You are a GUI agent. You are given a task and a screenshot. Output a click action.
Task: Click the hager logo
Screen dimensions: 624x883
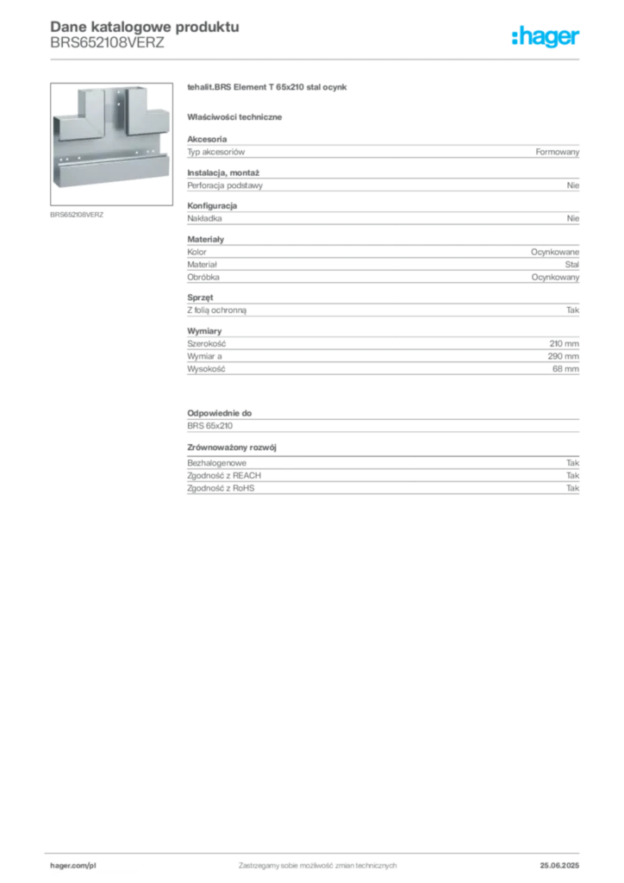coord(545,37)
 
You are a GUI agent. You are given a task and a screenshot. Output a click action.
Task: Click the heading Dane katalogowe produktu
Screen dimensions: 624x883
coord(145,27)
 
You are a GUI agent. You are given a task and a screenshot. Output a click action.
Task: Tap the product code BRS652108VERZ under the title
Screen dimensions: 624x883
coord(107,43)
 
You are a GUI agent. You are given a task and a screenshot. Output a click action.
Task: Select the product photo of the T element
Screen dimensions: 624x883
coord(111,144)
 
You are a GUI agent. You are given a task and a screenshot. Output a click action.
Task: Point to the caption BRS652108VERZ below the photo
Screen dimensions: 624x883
coord(77,215)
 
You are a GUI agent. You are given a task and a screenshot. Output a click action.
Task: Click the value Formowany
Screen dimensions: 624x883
coord(557,152)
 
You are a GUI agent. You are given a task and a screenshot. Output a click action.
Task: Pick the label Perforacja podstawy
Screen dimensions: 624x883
coord(225,185)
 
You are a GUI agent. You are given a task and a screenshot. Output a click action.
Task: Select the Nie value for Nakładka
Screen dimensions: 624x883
coord(573,218)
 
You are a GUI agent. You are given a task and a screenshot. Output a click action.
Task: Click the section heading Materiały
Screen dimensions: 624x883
coord(205,240)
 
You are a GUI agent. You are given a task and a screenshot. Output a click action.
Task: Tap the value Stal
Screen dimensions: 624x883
coord(571,264)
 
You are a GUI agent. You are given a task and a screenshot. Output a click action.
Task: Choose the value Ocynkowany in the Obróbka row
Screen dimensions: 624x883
coord(555,277)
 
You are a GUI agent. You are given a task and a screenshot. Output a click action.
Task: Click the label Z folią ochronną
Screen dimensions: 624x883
coord(216,310)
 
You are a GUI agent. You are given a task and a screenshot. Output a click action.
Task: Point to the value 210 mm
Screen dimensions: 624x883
coord(564,343)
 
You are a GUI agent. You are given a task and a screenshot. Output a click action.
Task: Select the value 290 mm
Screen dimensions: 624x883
coord(563,356)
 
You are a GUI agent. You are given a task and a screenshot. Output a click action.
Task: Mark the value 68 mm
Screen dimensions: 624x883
coord(565,369)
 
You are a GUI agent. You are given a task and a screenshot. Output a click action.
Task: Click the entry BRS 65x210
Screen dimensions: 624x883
coord(210,426)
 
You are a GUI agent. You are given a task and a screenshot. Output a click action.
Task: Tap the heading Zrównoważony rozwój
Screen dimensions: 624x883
coord(232,448)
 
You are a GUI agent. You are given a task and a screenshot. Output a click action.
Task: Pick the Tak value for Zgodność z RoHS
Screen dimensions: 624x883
coord(572,488)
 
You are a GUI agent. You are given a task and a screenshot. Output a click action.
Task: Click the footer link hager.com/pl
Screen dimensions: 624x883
coord(73,866)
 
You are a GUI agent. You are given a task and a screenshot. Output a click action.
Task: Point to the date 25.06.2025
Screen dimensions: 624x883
coord(559,866)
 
